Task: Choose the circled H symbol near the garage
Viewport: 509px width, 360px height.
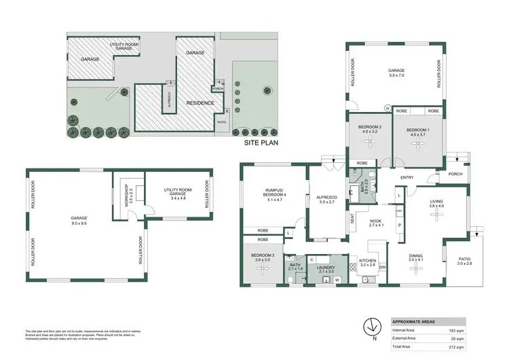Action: coord(388,108)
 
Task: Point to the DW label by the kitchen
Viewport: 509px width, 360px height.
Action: coord(382,267)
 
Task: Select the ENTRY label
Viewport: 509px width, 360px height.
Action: coord(407,178)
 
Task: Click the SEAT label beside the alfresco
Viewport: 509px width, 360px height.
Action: coord(352,219)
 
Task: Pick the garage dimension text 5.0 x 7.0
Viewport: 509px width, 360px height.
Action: coord(396,75)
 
